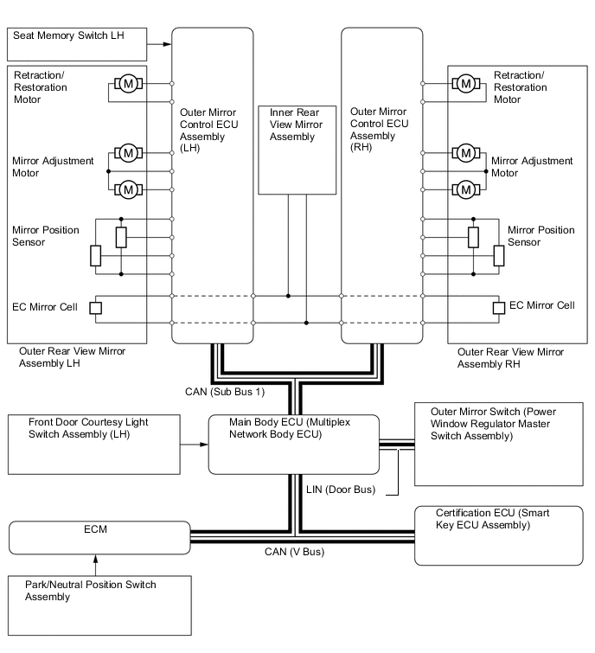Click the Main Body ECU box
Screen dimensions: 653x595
click(293, 445)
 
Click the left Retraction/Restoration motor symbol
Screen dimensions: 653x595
click(129, 84)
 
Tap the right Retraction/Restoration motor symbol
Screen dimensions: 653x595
click(466, 84)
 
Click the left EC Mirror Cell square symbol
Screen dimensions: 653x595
click(95, 308)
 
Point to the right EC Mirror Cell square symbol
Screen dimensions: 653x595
click(498, 308)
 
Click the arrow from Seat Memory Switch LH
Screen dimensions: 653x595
click(159, 43)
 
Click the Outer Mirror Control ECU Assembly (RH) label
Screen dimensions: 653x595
click(381, 130)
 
